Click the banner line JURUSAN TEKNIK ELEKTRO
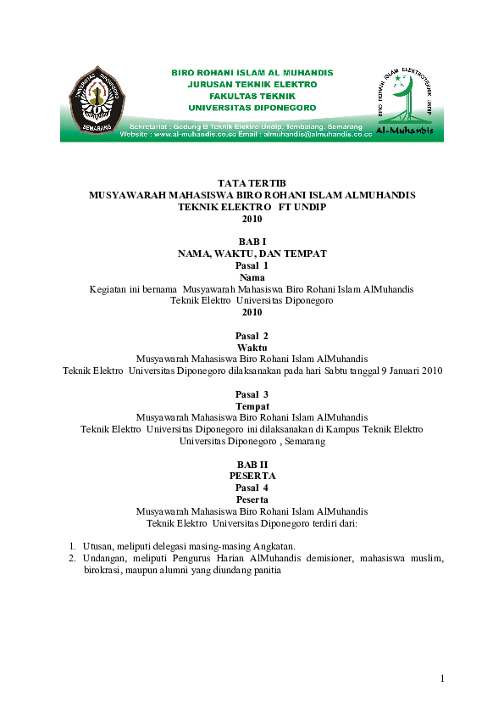[252, 85]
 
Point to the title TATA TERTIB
[252, 183]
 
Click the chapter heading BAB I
[252, 243]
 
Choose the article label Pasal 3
[252, 395]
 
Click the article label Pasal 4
[252, 488]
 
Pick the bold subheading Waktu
[252, 348]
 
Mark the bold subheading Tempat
[252, 406]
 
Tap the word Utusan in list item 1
[98, 546]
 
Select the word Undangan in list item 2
[105, 559]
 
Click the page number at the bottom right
[442, 678]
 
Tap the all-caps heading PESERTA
[252, 477]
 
